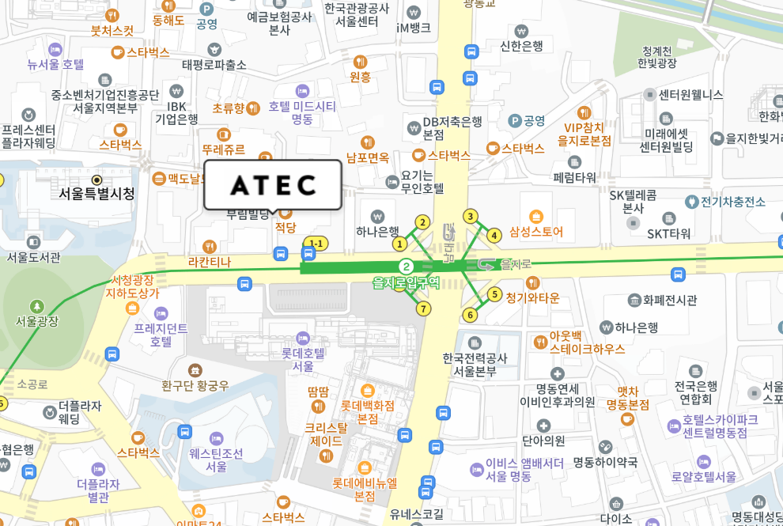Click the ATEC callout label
pyautogui.click(x=273, y=185)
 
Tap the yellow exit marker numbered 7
pyautogui.click(x=424, y=308)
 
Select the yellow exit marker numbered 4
pyautogui.click(x=494, y=235)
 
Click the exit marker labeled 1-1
pyautogui.click(x=316, y=243)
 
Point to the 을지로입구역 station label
pyautogui.click(x=406, y=282)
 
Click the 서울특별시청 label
pyautogui.click(x=96, y=193)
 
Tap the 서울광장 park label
pyautogui.click(x=37, y=321)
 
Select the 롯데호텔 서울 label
pyautogui.click(x=303, y=360)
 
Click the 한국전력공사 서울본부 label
pyautogui.click(x=475, y=365)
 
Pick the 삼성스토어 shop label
pyautogui.click(x=536, y=232)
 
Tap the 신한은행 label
pyautogui.click(x=521, y=46)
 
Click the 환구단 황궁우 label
pyautogui.click(x=195, y=385)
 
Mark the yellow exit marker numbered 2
pyautogui.click(x=423, y=222)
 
